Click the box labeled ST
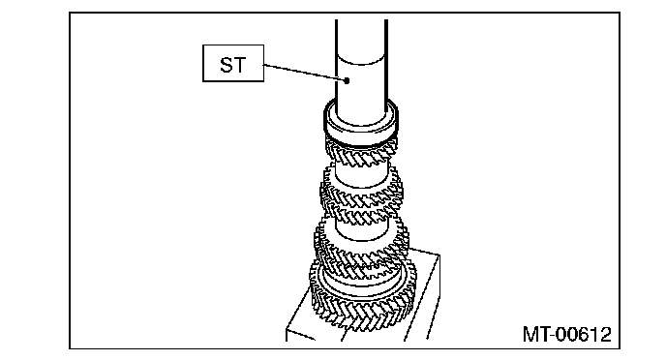pos(233,63)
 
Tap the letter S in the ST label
pos(227,65)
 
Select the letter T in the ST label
pos(240,65)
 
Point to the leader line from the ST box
pos(304,73)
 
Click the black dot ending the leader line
pos(347,80)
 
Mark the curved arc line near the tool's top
pos(361,61)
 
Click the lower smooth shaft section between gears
pos(361,228)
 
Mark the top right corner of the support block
pos(439,255)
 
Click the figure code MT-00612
pos(566,334)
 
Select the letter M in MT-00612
pos(530,334)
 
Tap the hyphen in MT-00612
pos(552,337)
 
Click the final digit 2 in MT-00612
pos(605,334)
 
